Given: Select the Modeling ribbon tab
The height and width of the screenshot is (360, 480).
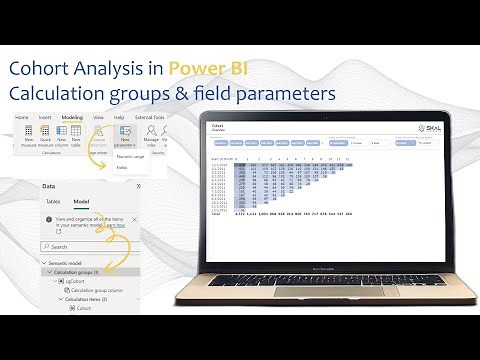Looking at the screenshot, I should pos(72,117).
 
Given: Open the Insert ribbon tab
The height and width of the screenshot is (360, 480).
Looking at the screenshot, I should pos(44,117).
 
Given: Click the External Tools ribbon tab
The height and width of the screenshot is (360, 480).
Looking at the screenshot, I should pos(150,117).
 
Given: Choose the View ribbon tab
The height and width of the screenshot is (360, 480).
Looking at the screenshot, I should pos(98,117).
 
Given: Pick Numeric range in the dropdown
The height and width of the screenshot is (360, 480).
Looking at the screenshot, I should pos(131,156).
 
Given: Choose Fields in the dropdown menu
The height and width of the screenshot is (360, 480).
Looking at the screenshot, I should pos(122,168).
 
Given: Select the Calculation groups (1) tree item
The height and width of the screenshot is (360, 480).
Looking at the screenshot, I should pos(78,273).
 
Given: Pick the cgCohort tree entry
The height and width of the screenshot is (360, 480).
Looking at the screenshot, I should pos(81,282).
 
